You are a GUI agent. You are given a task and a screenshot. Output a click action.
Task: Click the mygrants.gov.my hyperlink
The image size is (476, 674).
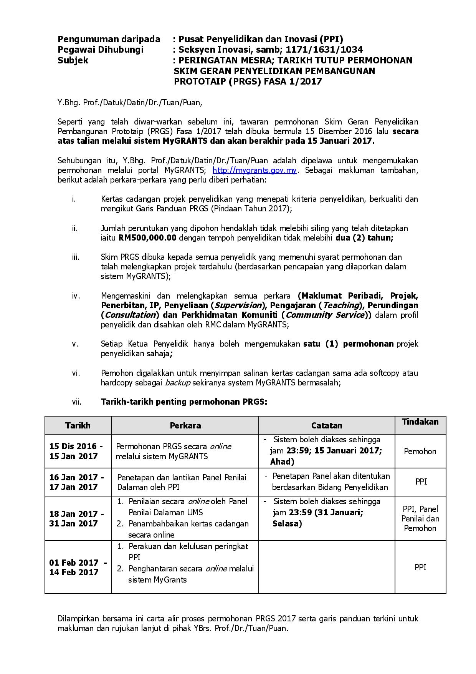point(254,170)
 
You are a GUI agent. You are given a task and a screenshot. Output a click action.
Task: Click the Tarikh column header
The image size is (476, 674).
point(78,425)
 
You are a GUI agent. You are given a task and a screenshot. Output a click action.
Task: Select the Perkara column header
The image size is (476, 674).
point(185,425)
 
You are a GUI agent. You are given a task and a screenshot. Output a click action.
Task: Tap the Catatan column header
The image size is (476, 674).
point(327,425)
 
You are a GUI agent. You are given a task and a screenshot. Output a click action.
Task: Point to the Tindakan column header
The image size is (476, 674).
point(420,422)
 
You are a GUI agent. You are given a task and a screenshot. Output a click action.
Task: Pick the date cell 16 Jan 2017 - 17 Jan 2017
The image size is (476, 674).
point(76,482)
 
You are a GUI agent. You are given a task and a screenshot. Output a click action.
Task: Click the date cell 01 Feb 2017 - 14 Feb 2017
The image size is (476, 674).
point(78,567)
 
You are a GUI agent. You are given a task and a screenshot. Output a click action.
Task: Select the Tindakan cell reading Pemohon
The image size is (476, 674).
point(420,451)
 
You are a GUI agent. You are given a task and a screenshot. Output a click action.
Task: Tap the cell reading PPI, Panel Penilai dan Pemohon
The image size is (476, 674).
point(420,518)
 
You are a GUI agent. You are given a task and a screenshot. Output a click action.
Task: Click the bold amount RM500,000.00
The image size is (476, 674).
point(147,237)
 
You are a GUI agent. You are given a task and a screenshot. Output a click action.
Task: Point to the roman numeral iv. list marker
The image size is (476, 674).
point(76,295)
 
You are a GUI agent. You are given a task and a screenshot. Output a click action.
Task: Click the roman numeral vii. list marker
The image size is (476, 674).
point(76,402)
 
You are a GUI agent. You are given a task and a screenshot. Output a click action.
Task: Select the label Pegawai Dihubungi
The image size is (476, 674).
point(101,49)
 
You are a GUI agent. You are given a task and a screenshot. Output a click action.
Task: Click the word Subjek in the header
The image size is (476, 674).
point(73,60)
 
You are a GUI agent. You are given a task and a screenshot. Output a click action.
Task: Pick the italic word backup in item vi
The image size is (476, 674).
point(176,383)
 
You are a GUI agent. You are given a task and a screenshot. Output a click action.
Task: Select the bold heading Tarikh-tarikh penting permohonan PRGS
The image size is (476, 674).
point(184,402)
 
